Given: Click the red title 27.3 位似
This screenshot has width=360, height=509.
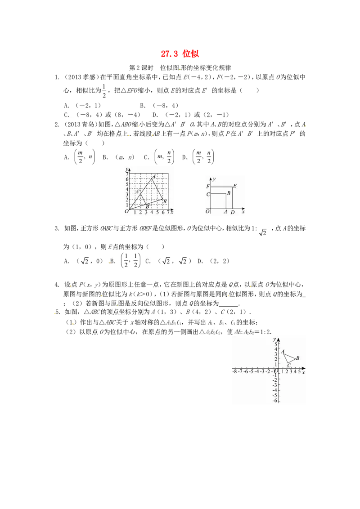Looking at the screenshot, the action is (x=180, y=54).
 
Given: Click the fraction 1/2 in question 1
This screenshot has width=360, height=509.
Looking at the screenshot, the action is (x=104, y=91).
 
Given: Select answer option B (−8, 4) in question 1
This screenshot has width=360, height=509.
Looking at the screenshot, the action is (x=159, y=106).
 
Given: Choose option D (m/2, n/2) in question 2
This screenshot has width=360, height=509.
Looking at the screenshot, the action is (x=198, y=157).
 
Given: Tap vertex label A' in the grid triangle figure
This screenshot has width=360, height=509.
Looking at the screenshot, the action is (x=138, y=192).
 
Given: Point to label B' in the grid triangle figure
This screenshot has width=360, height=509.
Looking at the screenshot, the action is (x=148, y=206).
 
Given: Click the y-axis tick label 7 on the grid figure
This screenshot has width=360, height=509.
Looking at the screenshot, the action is (x=127, y=174).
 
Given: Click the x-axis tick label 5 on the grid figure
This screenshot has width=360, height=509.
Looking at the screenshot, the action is (x=157, y=213).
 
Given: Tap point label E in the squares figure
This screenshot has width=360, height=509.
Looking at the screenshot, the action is (x=235, y=186).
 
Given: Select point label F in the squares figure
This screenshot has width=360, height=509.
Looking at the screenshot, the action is (x=208, y=186).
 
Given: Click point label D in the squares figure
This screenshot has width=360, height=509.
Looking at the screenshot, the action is (x=233, y=212).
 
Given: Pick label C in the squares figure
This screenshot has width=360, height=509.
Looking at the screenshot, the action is (x=208, y=194).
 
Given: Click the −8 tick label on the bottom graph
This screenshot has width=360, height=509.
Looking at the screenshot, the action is (x=235, y=372).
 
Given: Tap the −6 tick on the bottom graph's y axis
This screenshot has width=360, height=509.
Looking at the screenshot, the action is (x=275, y=401).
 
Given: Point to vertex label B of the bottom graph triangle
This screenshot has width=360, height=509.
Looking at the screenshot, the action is (x=297, y=358).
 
